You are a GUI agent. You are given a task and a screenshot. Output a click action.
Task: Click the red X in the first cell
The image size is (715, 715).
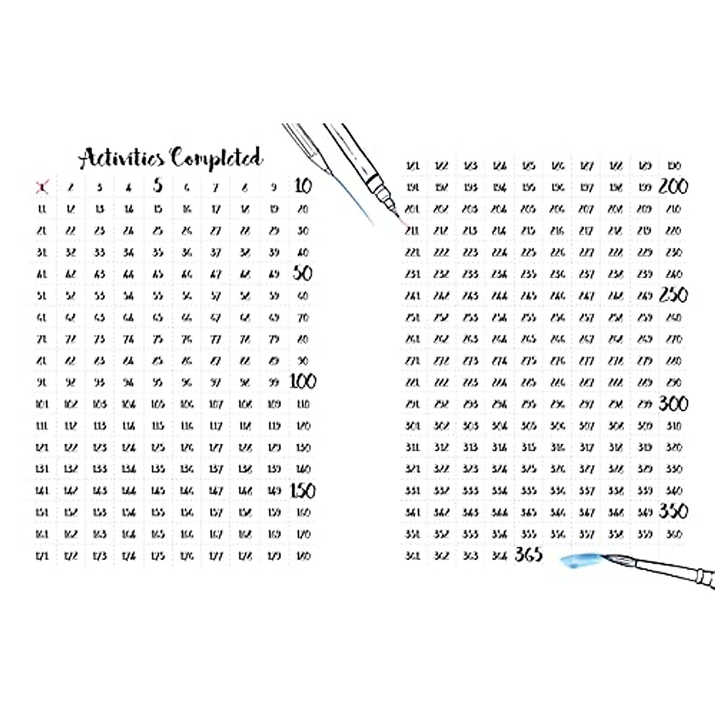point(42,188)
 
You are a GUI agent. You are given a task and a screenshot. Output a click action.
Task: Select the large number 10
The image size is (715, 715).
point(303,186)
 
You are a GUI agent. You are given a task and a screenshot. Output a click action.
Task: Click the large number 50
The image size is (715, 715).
point(303,273)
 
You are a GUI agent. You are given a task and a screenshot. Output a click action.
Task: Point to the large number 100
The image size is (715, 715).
point(303,381)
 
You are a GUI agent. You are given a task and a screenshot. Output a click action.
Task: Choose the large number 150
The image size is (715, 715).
point(303,490)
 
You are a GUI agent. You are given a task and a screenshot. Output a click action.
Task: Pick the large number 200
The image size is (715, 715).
point(673,186)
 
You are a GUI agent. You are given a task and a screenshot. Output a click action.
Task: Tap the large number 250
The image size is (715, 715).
point(673,295)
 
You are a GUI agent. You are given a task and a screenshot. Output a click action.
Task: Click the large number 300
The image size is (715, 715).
point(673,403)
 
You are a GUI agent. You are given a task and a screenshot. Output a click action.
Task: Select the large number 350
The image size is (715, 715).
point(673,511)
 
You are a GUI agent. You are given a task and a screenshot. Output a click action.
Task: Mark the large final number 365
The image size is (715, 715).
point(529,555)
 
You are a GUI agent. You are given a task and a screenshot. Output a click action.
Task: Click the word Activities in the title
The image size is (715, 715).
point(122,158)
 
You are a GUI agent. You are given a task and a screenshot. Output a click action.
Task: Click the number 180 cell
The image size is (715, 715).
point(303,556)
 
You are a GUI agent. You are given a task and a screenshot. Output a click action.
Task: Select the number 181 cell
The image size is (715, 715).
point(412,166)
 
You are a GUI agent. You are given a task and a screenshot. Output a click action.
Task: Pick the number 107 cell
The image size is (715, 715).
point(216,404)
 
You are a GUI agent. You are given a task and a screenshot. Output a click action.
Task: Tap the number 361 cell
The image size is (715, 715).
point(412,556)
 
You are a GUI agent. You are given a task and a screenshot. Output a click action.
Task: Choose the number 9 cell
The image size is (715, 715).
point(274,187)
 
